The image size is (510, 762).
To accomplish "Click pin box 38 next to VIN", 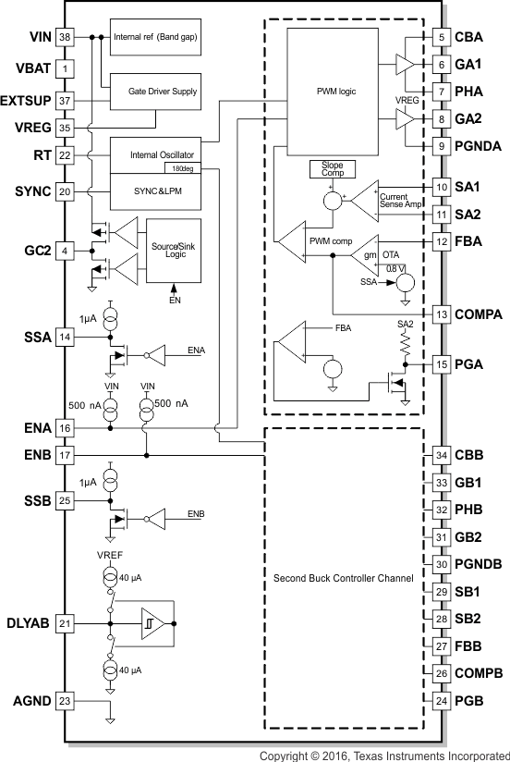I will [65, 38].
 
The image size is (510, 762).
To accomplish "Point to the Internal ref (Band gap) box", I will [157, 37].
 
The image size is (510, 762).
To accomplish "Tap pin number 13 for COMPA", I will [442, 314].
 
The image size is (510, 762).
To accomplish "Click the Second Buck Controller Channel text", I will [343, 578].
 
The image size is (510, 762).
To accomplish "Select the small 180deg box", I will [177, 168].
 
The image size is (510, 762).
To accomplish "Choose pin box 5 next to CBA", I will [442, 37].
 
